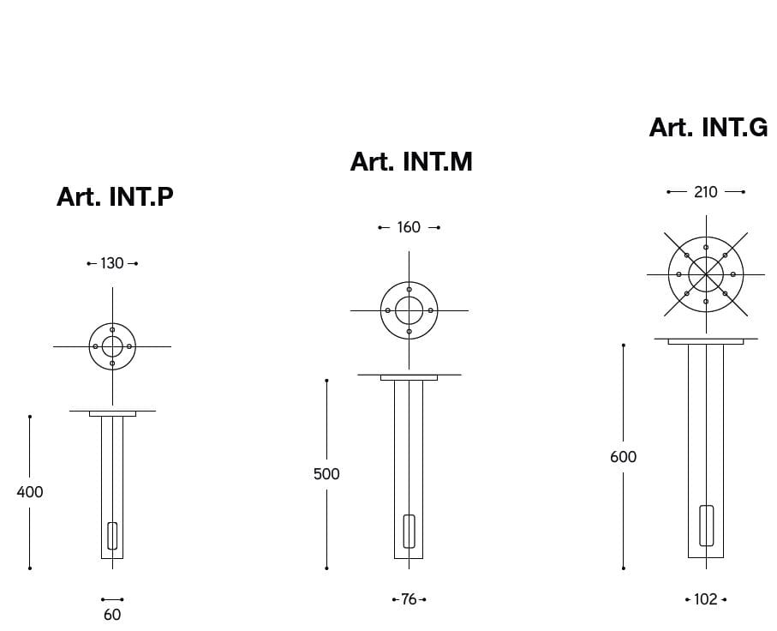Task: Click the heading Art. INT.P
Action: [115, 196]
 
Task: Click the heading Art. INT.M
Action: [411, 161]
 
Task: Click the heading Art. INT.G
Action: [708, 127]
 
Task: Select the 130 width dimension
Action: [112, 263]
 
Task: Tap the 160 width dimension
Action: [409, 227]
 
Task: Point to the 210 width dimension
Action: [705, 192]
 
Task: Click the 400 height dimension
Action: [30, 492]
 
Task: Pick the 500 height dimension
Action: [326, 474]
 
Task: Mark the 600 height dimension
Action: [623, 457]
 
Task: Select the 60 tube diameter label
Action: [112, 615]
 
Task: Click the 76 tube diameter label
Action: [409, 599]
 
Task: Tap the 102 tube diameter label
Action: [705, 599]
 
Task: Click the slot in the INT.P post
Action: [112, 535]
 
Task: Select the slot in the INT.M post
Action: [409, 531]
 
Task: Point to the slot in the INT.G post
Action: [706, 526]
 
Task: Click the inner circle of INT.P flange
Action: [112, 346]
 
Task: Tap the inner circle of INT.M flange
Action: [409, 310]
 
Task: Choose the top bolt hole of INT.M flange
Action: [409, 290]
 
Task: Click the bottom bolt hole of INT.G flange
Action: [706, 302]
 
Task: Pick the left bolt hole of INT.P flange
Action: [95, 346]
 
